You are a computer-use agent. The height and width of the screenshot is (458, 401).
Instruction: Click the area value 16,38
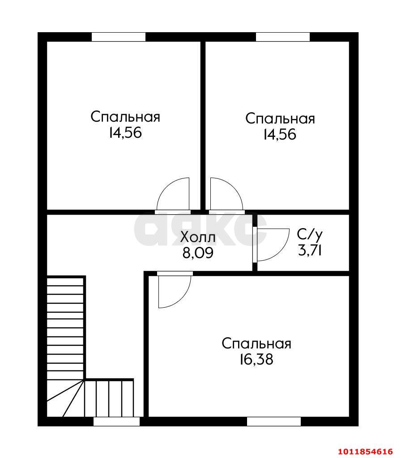click(256, 360)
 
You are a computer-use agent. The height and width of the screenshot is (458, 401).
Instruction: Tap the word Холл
click(198, 237)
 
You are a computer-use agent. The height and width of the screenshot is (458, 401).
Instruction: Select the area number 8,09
click(198, 253)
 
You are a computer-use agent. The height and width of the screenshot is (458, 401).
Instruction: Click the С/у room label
click(310, 234)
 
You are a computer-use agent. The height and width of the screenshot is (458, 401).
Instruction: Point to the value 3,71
click(310, 250)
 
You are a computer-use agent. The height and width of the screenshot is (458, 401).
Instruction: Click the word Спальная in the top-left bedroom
click(125, 117)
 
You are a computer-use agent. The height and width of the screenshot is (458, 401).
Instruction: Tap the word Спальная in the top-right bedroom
click(280, 119)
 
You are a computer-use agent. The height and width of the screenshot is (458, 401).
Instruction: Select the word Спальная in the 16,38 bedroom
click(256, 343)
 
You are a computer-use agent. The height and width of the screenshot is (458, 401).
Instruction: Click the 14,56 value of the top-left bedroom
click(125, 133)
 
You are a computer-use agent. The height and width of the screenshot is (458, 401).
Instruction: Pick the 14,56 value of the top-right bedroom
click(280, 135)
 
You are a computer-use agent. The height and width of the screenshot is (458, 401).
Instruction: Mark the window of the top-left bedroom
click(118, 37)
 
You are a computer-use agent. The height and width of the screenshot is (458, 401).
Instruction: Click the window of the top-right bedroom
click(283, 37)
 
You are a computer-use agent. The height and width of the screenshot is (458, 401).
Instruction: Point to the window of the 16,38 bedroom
click(274, 421)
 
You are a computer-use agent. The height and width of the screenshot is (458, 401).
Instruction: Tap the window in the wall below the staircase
click(117, 421)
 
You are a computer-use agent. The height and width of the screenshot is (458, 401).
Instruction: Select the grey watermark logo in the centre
click(200, 229)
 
